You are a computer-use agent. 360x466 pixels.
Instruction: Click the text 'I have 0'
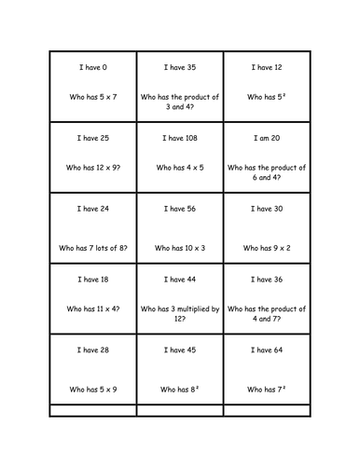click(92, 67)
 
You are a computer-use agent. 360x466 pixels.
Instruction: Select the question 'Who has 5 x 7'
click(92, 96)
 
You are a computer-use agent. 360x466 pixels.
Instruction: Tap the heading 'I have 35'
click(179, 67)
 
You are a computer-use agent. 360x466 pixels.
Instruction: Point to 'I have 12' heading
click(267, 67)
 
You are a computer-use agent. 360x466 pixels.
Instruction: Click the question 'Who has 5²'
click(267, 96)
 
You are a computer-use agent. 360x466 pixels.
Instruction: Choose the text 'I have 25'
click(92, 138)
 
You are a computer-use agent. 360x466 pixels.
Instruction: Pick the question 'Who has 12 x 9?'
click(92, 167)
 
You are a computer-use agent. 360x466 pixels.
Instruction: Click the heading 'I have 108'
click(179, 138)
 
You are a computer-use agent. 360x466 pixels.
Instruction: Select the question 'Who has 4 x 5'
click(179, 167)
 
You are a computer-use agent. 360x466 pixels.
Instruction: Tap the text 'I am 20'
click(267, 138)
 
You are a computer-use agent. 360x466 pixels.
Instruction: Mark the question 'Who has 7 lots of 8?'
click(92, 249)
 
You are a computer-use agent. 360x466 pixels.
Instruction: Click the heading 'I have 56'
click(179, 209)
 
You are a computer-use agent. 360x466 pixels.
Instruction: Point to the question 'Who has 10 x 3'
click(179, 249)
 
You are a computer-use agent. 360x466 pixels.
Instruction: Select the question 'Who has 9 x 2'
click(267, 249)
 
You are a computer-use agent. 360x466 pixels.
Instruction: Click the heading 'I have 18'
click(92, 280)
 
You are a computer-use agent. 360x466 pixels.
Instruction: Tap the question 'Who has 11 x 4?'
click(92, 308)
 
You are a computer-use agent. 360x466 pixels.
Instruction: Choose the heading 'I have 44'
click(179, 280)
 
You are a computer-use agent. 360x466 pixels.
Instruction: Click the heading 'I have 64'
click(267, 350)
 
